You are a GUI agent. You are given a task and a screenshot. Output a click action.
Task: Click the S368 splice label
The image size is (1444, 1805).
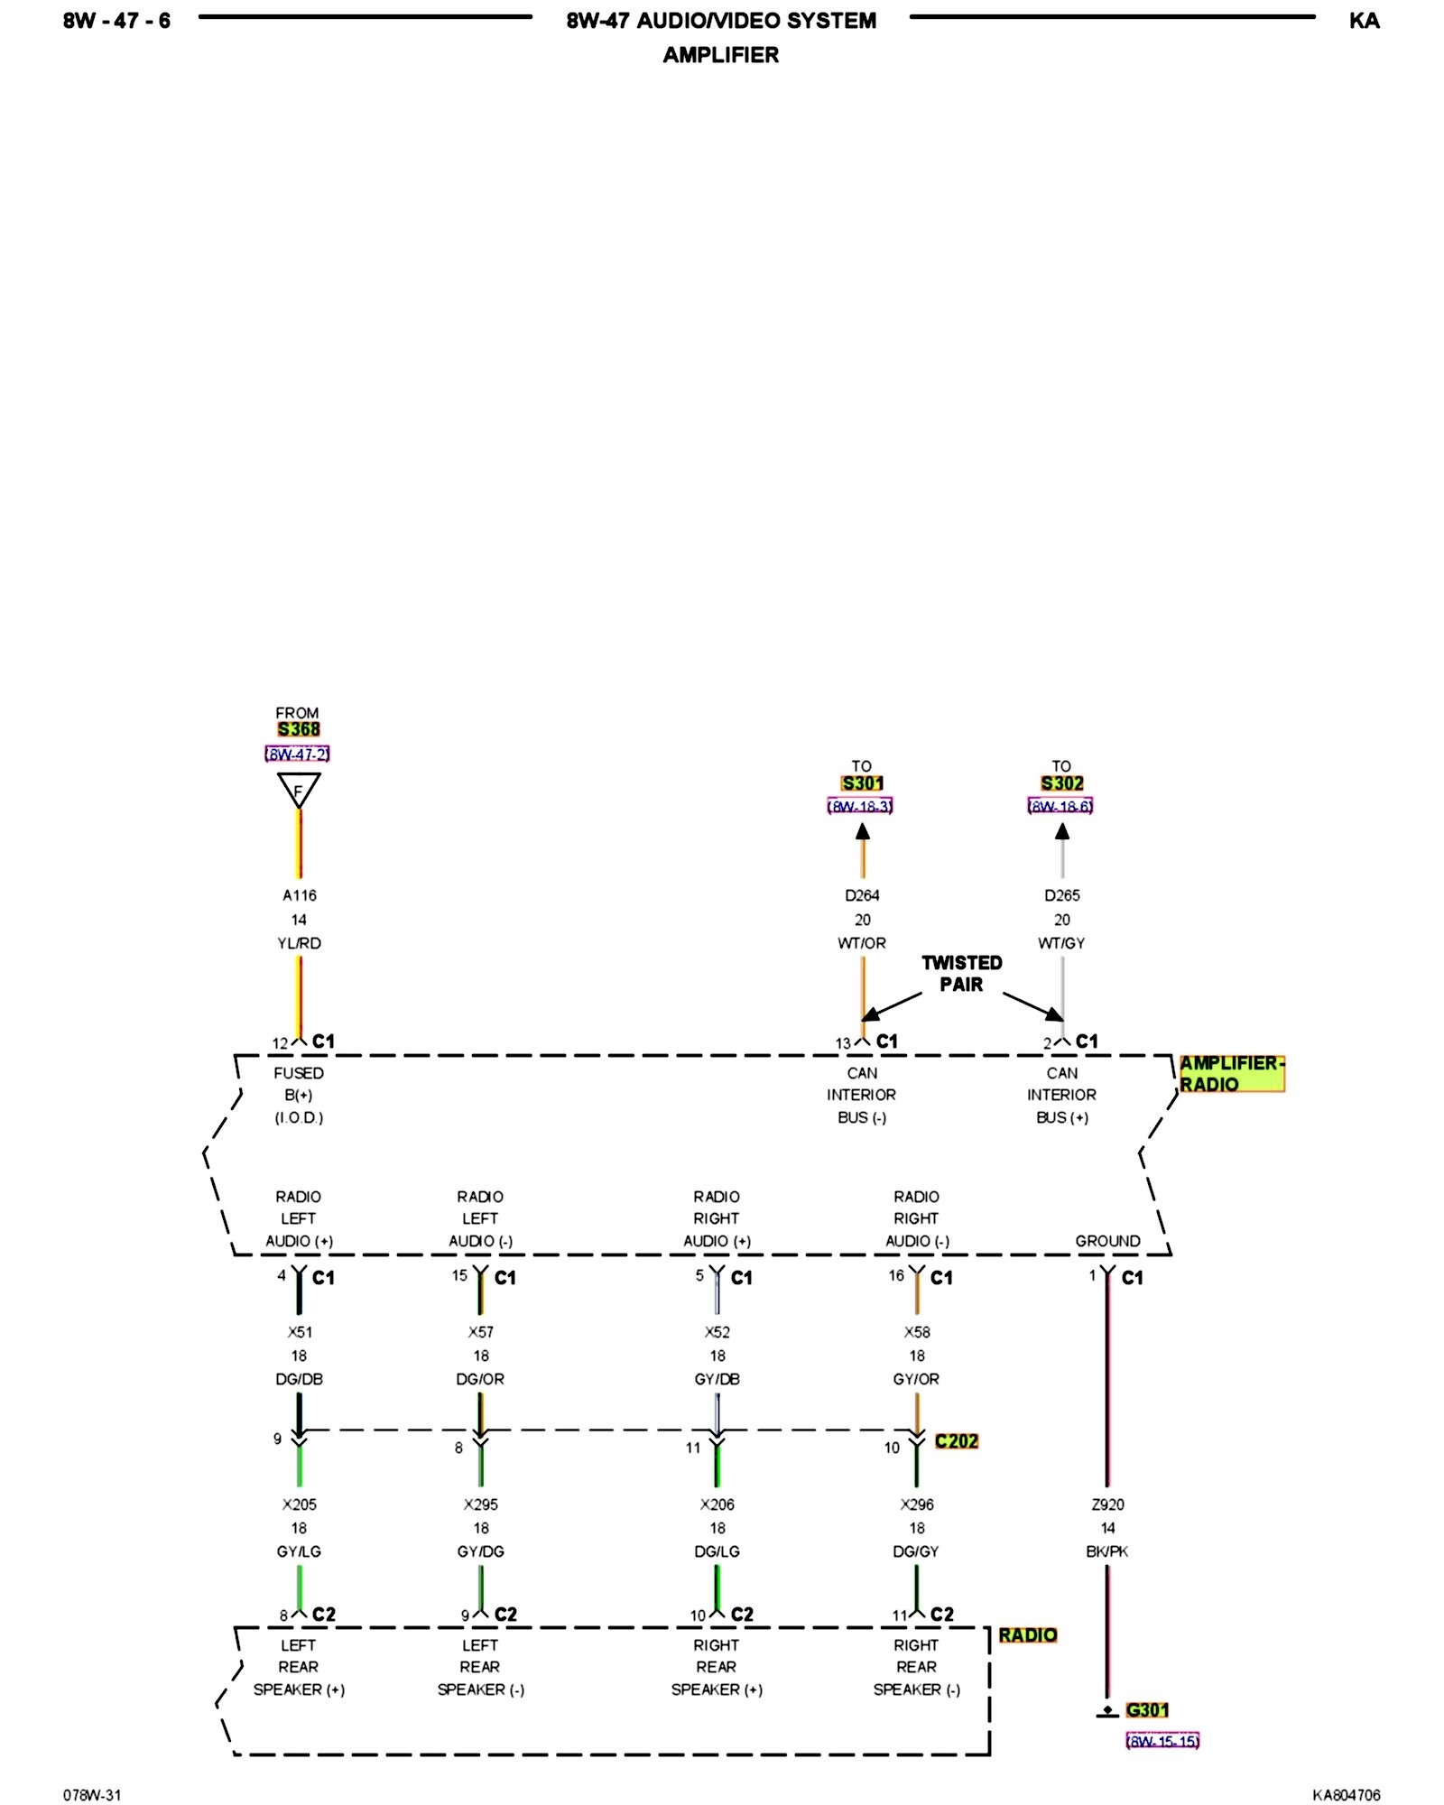pos(299,729)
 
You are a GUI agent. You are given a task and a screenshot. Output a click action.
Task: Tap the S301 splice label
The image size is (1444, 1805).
pos(862,783)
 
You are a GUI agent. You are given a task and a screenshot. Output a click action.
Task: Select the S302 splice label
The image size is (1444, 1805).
pos(1062,783)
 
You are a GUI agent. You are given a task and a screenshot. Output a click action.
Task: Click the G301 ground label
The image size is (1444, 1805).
pos(1147,1709)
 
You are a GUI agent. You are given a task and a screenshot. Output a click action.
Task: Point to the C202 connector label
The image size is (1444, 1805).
pos(957,1441)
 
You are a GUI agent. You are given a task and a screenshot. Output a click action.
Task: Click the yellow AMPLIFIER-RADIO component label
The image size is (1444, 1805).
pos(1231,1074)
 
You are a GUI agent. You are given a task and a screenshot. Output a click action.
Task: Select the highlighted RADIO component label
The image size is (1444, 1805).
pos(1027,1635)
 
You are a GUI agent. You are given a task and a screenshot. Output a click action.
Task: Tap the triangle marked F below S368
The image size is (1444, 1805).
pos(299,790)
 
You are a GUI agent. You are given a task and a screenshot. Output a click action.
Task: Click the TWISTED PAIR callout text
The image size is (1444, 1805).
pos(961,973)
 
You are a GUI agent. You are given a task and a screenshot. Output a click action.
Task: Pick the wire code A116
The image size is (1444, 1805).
pos(300,895)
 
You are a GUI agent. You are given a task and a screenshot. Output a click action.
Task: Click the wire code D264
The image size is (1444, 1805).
pos(862,895)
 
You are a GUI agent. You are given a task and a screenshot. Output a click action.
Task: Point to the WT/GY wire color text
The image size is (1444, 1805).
pos(1061,943)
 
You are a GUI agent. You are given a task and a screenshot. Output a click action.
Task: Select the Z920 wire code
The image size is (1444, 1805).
pos(1108,1504)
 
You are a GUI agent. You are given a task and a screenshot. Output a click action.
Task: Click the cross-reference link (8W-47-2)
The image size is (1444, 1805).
pos(297,754)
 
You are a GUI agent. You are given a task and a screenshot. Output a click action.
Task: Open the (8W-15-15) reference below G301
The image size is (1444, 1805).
pos(1162,1741)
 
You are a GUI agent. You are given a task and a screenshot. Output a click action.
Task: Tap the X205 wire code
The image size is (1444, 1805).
pos(300,1504)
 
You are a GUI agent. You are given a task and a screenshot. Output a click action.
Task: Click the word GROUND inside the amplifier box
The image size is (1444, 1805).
pos(1107,1241)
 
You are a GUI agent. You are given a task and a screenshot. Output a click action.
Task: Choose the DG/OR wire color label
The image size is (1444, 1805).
pos(480,1379)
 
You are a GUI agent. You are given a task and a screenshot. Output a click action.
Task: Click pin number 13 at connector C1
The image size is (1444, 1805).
pos(843,1043)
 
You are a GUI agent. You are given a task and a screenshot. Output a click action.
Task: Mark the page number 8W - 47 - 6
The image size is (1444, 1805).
pos(116,21)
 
